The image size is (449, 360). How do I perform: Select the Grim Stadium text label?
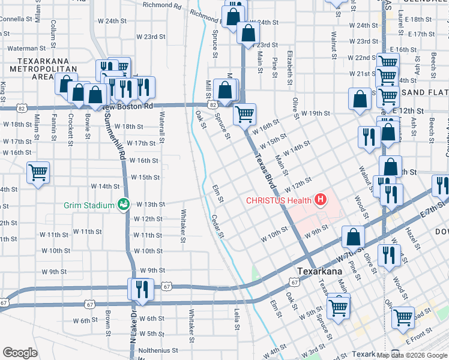tap(89, 205)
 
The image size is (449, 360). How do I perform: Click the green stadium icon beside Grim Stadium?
tap(124, 205)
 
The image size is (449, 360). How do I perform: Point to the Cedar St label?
tap(217, 226)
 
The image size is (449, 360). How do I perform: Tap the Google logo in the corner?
tap(20, 353)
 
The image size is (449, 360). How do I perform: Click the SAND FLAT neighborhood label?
tap(424, 92)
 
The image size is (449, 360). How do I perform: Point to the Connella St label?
tap(15, 19)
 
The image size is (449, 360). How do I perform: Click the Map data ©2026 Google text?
tap(411, 355)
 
